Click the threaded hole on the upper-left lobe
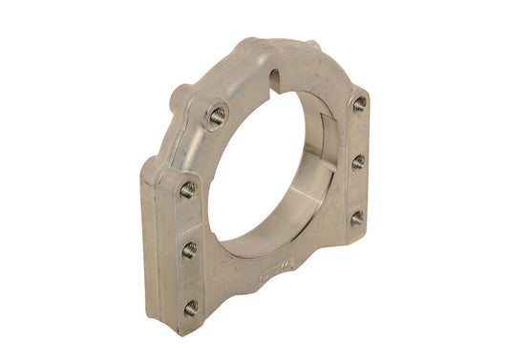(x=218, y=115)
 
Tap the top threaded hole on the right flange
(x=359, y=104)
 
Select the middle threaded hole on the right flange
(x=358, y=162)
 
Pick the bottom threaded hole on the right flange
(x=355, y=219)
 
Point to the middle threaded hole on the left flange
(x=190, y=250)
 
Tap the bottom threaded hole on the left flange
(x=191, y=307)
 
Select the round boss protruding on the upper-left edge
(x=180, y=96)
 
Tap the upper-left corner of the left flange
(x=148, y=164)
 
